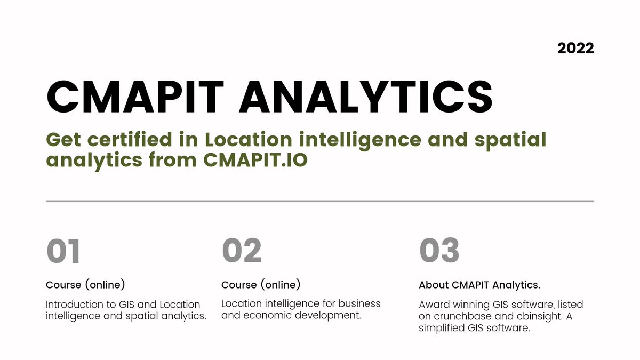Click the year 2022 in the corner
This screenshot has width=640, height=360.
(575, 48)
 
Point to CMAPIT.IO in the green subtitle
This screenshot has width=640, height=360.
(255, 160)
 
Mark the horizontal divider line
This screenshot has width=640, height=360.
(320, 201)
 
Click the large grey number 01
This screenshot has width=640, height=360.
(63, 251)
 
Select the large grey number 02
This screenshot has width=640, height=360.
(242, 251)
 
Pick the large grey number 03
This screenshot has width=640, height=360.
(439, 251)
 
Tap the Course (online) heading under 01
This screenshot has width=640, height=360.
(85, 285)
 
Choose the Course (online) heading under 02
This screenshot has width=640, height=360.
(261, 284)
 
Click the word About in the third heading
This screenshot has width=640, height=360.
(434, 285)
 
